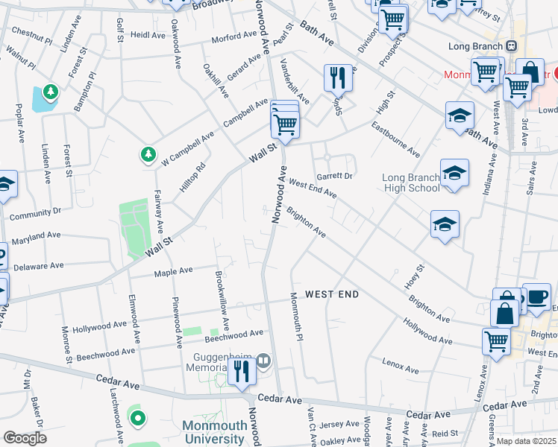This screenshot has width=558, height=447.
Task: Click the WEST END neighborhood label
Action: [x=331, y=294]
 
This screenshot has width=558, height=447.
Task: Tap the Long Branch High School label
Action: [x=410, y=183]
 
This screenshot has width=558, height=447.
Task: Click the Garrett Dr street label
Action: [x=333, y=177]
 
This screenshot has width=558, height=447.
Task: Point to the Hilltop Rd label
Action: [x=192, y=178]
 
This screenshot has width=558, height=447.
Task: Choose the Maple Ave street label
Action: [x=173, y=272]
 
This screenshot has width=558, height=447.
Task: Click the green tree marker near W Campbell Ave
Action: [x=148, y=155]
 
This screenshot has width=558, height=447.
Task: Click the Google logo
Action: [x=25, y=438]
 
